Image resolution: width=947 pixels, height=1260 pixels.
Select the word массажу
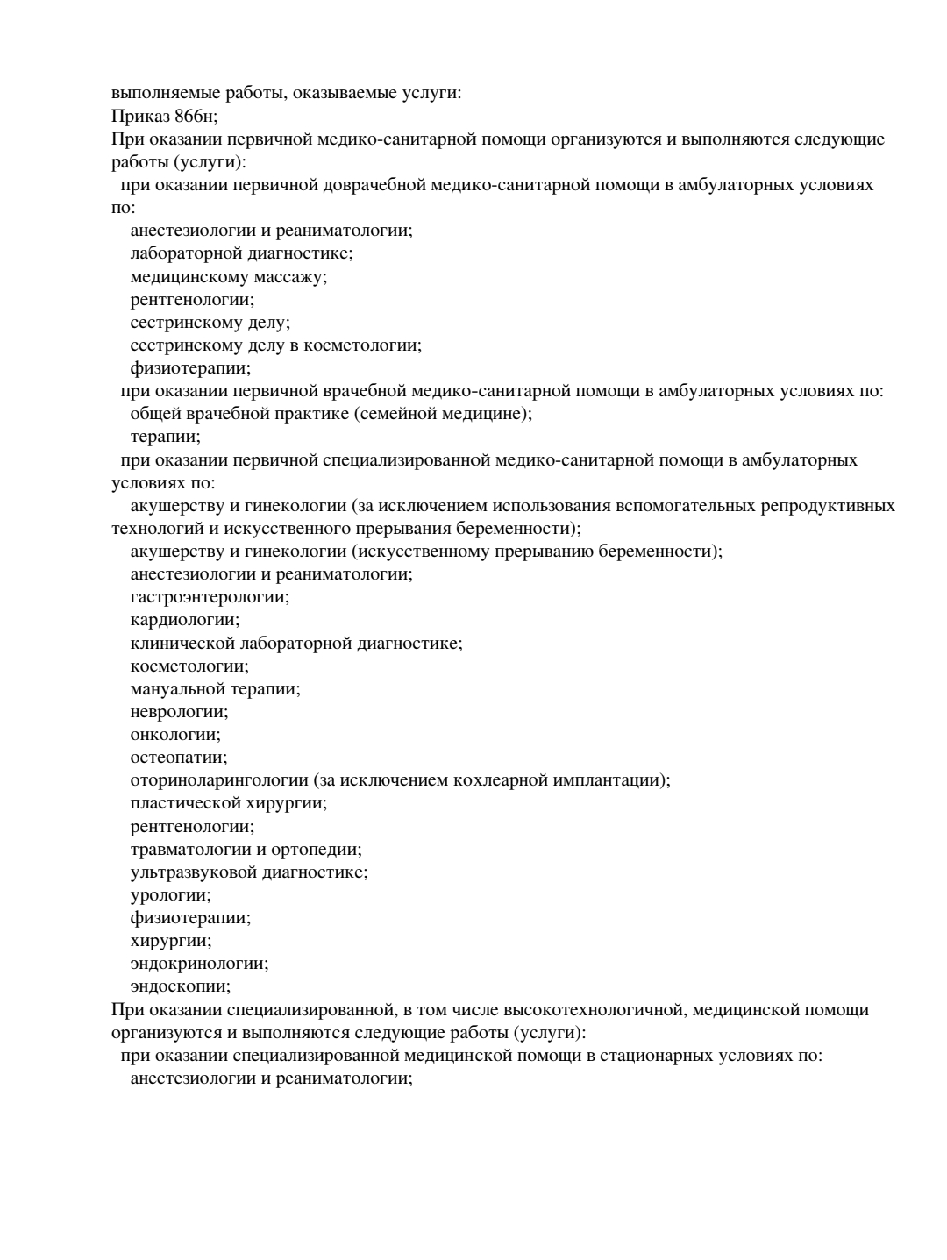click(x=288, y=276)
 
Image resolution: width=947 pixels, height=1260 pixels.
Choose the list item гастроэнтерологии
click(x=209, y=596)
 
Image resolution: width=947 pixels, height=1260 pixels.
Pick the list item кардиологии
click(x=184, y=619)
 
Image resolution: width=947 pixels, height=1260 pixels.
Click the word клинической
click(x=183, y=643)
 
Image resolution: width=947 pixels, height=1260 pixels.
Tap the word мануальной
click(x=178, y=688)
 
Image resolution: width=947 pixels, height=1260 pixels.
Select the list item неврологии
click(x=179, y=711)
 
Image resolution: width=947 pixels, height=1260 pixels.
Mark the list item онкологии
click(x=175, y=734)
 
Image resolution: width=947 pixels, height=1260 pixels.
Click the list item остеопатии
click(x=178, y=757)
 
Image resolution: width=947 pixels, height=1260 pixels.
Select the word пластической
click(x=182, y=802)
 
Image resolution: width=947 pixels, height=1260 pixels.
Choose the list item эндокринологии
click(x=199, y=963)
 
